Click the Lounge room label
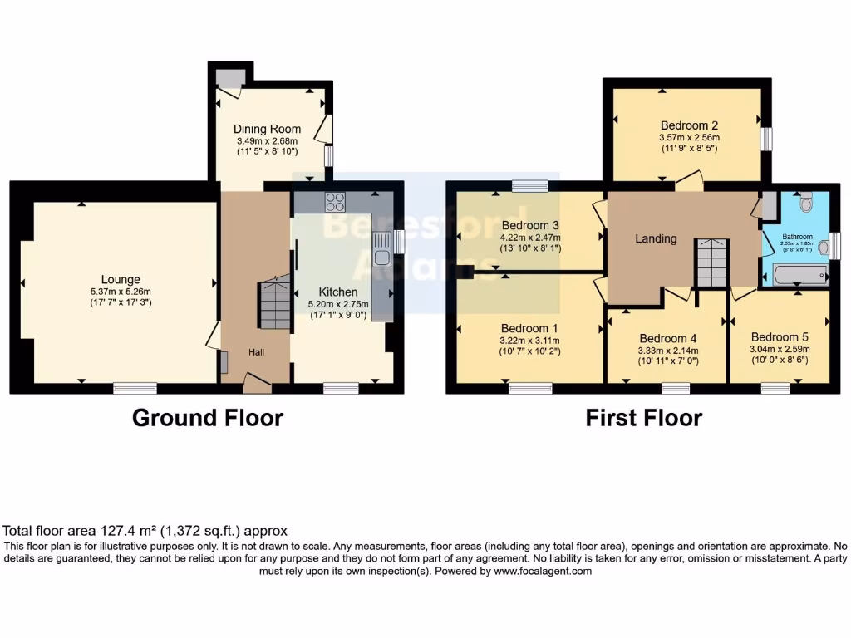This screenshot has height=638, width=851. click(121, 280)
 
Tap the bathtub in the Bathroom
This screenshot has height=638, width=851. click(797, 274)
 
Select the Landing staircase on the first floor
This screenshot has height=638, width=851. click(711, 262)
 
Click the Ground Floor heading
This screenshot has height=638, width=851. click(208, 418)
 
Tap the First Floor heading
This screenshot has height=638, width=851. click(644, 418)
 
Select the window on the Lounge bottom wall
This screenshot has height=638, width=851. click(135, 386)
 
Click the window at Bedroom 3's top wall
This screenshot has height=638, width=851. click(529, 186)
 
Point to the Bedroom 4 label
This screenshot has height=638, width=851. click(667, 338)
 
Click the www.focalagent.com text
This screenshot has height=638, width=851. click(543, 572)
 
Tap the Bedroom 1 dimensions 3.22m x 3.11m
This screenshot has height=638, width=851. click(529, 341)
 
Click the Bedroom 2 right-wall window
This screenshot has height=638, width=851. click(765, 138)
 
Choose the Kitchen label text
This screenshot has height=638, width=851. click(338, 292)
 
